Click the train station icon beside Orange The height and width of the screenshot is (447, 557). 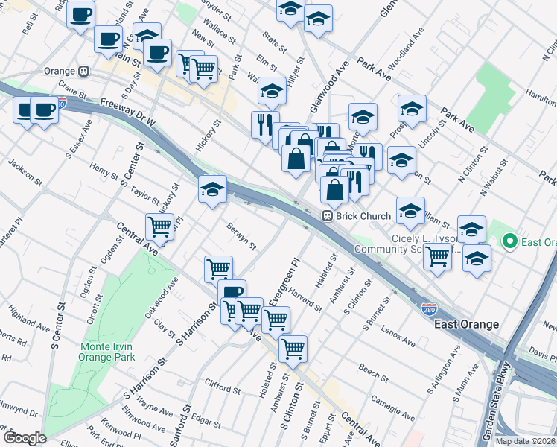(x=85, y=72)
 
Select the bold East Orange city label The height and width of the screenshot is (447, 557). (x=466, y=324)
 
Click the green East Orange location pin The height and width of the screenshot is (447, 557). (x=510, y=241)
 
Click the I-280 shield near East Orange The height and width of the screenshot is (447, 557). (x=429, y=308)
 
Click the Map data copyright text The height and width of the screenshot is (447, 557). (x=526, y=441)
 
